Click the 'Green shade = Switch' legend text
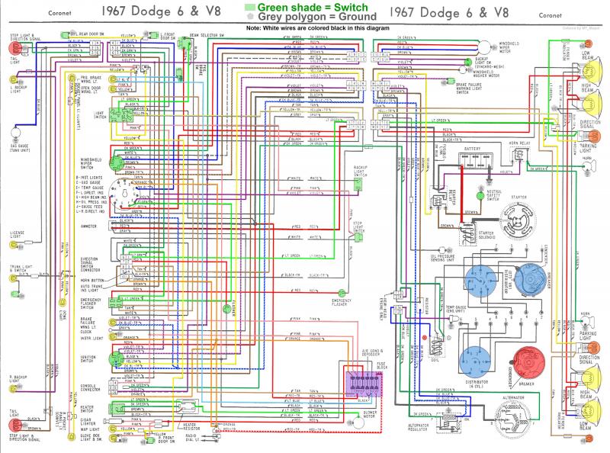308,7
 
